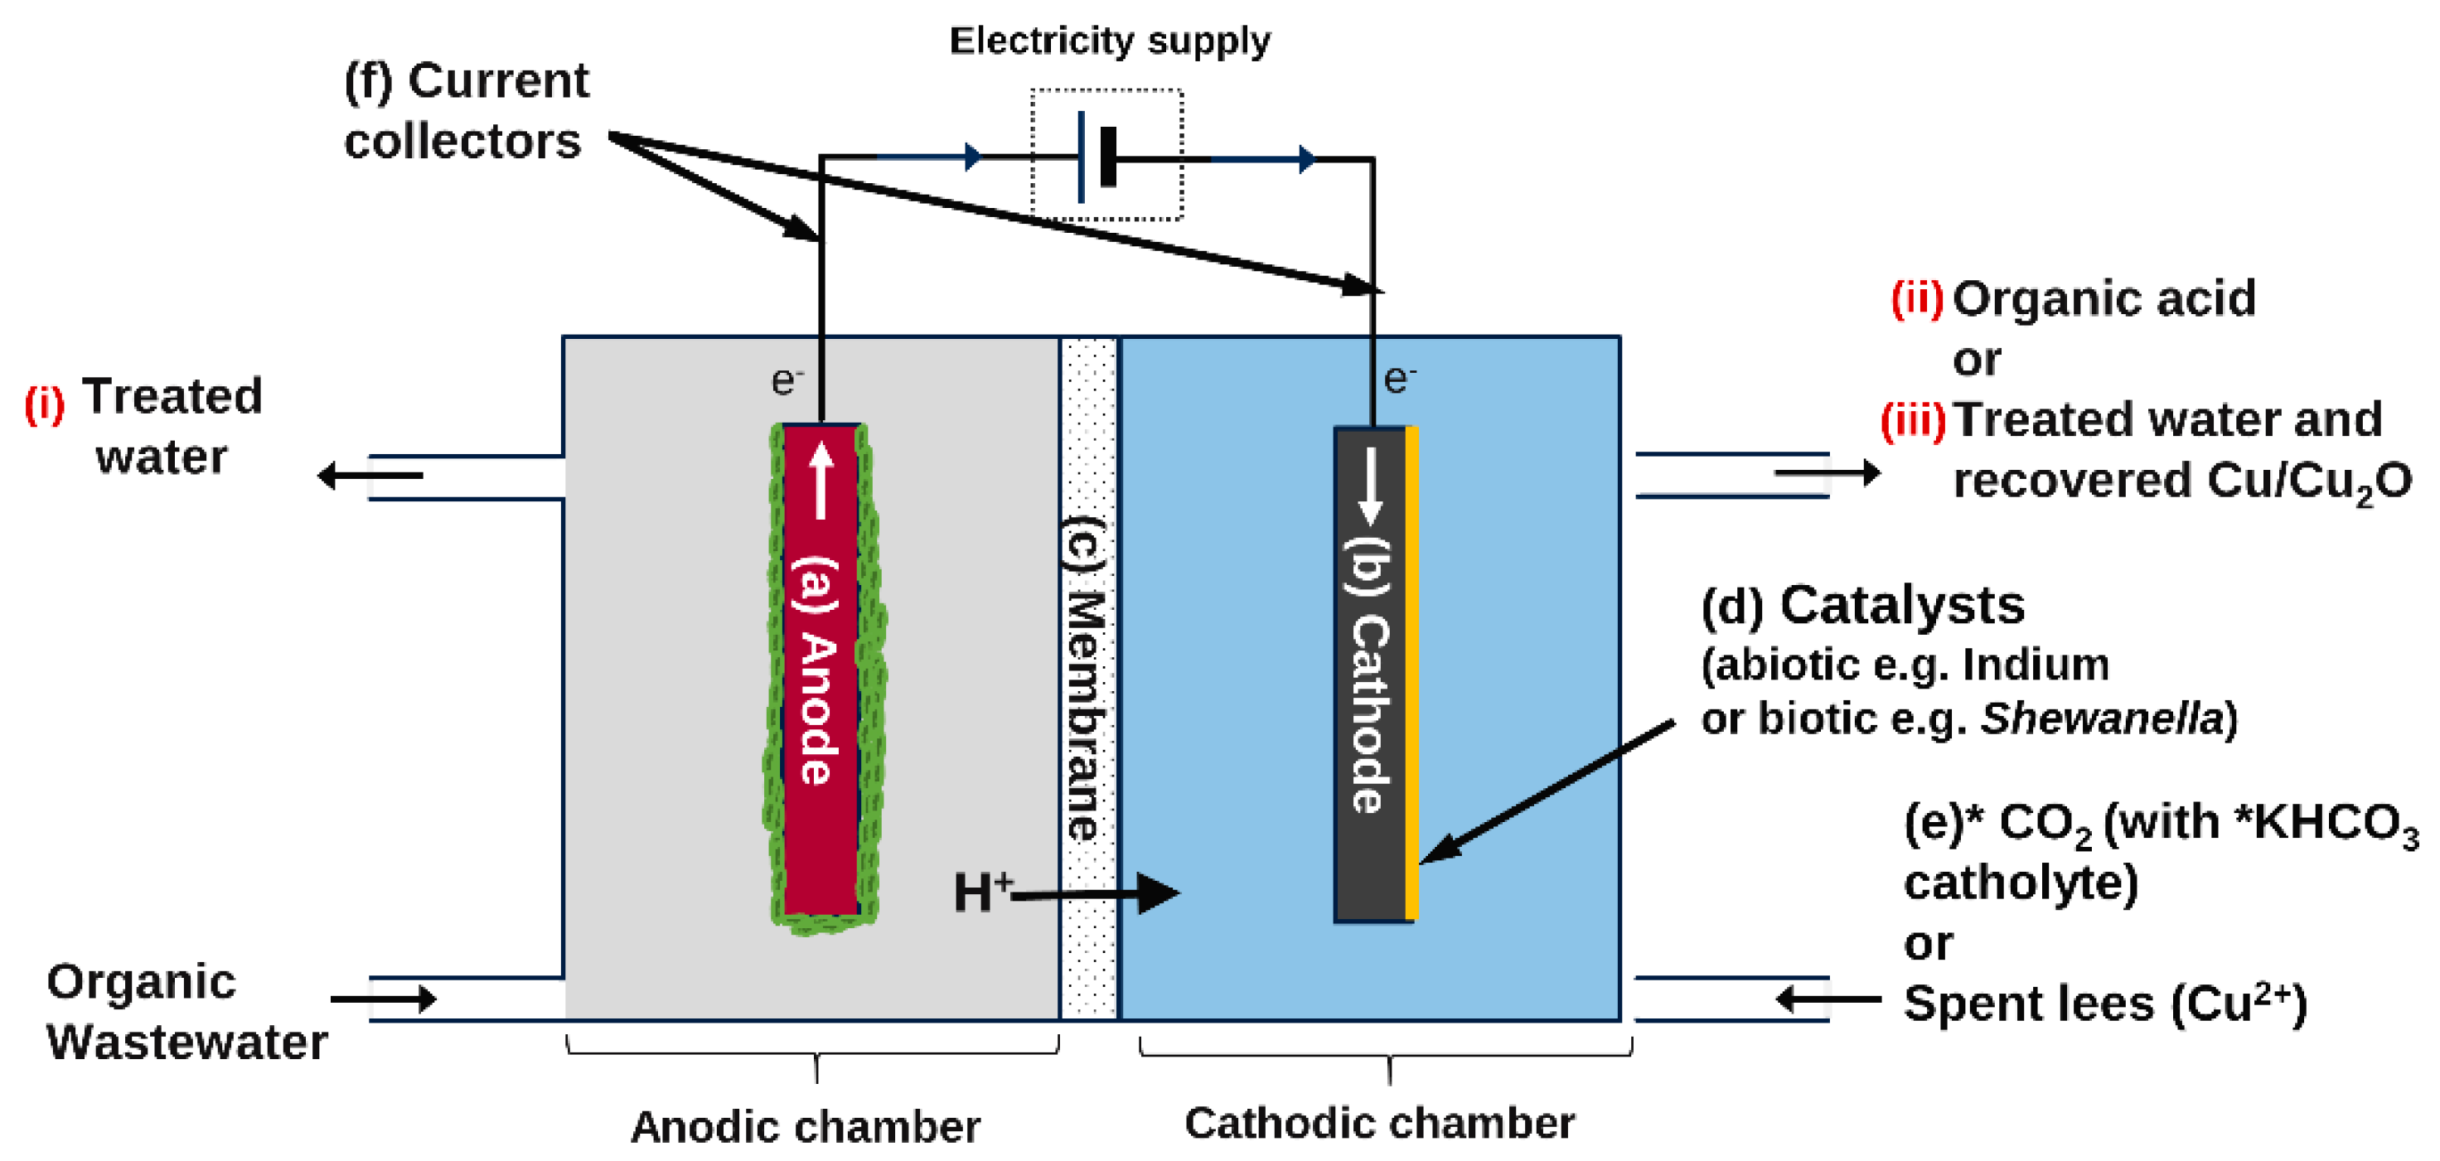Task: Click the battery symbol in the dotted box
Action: tap(1099, 157)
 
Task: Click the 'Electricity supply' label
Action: tap(1109, 41)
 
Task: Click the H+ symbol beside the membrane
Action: tap(981, 891)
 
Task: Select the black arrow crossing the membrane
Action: tap(1099, 892)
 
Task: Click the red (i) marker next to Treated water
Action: tap(45, 404)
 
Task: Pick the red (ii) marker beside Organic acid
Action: tap(1916, 298)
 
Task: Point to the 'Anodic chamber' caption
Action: tap(805, 1127)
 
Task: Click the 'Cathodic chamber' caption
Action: tap(1379, 1123)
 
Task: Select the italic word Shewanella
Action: tap(2101, 718)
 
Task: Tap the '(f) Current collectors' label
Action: tap(465, 111)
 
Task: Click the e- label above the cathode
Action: tap(1400, 379)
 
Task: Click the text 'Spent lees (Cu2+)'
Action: tap(2104, 1004)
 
